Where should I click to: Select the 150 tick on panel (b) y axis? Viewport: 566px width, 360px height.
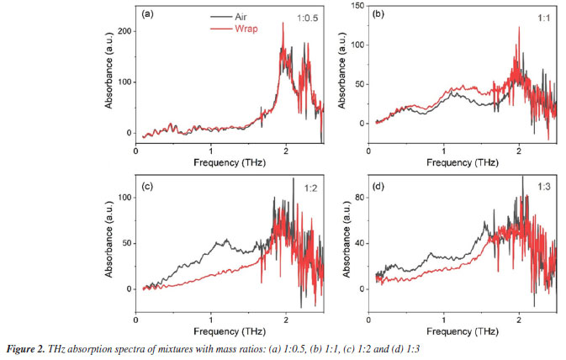pos(357,5)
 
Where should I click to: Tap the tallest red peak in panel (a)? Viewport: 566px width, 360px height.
pos(283,24)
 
